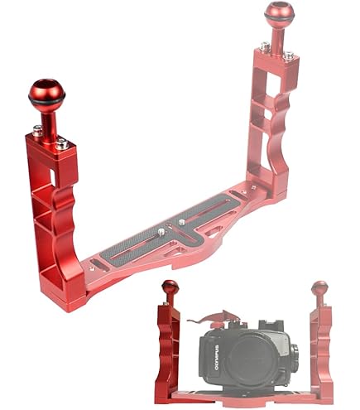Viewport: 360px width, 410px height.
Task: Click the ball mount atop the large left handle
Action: [47, 92]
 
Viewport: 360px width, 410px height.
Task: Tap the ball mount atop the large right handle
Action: [279, 12]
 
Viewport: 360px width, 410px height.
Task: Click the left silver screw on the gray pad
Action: [161, 232]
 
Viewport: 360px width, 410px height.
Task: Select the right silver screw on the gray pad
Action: [181, 222]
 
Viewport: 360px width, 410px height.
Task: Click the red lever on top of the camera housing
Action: [214, 317]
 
